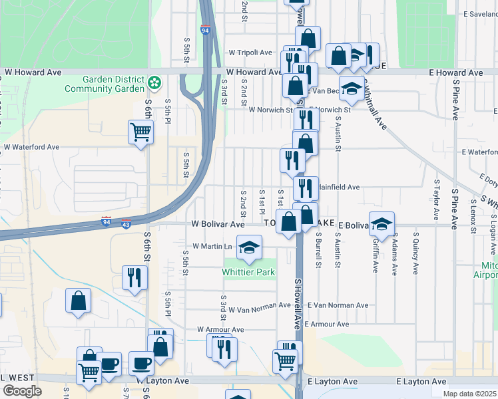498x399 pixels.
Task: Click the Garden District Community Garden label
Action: point(105,84)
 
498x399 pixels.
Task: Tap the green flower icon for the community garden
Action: point(154,83)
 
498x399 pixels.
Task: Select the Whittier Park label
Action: point(248,272)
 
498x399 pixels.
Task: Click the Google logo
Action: point(22,390)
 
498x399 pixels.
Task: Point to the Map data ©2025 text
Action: point(470,394)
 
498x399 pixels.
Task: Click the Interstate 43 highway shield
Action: point(126,221)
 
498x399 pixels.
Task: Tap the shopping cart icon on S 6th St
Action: point(140,132)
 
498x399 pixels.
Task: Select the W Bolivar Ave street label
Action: point(218,225)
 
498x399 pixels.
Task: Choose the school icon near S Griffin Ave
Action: point(382,223)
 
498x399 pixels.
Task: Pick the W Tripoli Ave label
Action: point(250,53)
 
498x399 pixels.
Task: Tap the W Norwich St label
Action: point(270,110)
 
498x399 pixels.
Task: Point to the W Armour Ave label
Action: point(220,329)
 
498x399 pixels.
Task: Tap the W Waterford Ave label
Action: point(31,147)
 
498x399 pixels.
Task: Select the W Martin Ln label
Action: point(212,246)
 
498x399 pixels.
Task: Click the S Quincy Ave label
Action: point(415,253)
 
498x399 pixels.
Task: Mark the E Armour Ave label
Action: point(327,325)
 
